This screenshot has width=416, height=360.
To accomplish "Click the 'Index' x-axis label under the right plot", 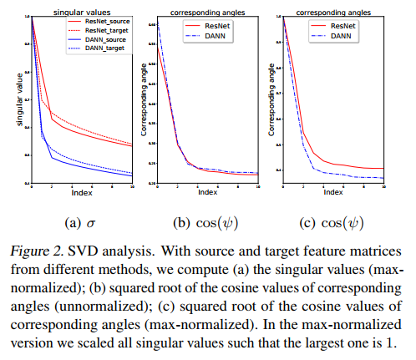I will pos(333,193).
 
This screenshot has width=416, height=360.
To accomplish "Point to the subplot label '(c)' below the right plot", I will pos(307,222).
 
